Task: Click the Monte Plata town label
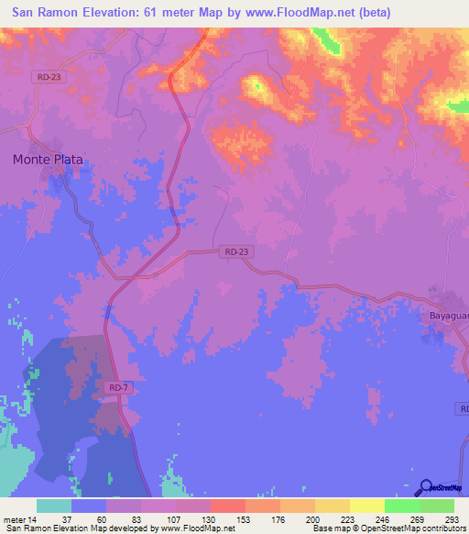pyautogui.click(x=48, y=159)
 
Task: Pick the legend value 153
pyautogui.click(x=245, y=520)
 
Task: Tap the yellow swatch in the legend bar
pyautogui.click(x=366, y=506)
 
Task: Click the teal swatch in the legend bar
pyautogui.click(x=54, y=506)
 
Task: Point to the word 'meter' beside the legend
pyautogui.click(x=14, y=520)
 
